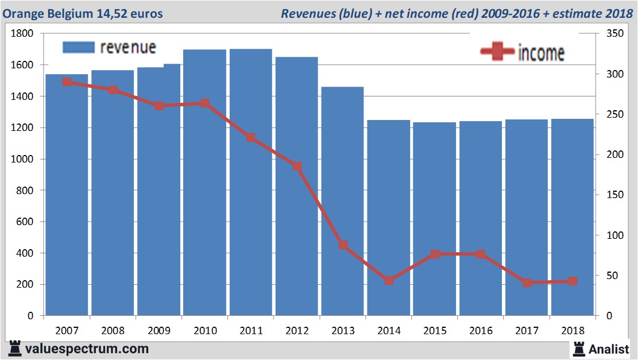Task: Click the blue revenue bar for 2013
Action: point(342,201)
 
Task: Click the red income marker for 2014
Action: point(389,281)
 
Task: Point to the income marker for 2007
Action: point(67,82)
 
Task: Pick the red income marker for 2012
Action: point(297,167)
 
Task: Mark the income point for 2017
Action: point(527,282)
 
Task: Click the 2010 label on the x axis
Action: point(205,331)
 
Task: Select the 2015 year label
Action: point(435,331)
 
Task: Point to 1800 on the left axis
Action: point(23,34)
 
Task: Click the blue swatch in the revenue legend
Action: point(78,48)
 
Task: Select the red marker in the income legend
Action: point(497,52)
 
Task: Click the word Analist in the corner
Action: point(609,348)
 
